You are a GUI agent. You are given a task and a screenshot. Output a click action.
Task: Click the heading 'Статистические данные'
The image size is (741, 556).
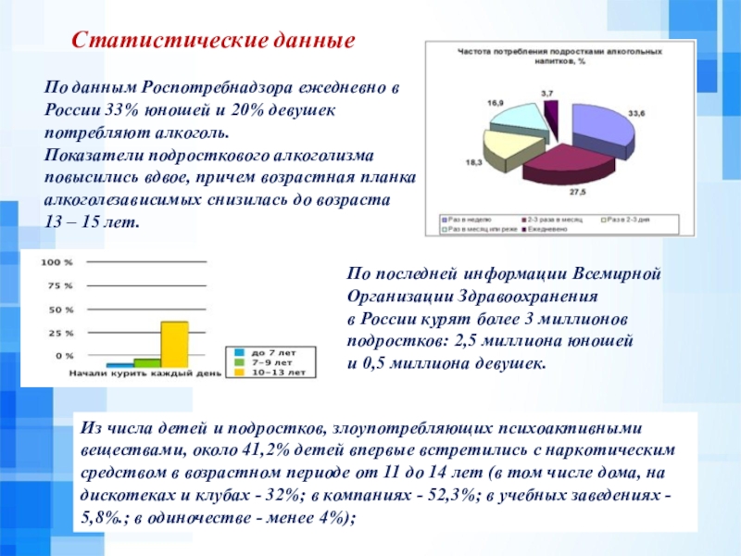point(214,43)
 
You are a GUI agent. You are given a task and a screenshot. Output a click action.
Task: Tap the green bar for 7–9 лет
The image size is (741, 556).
point(147,362)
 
